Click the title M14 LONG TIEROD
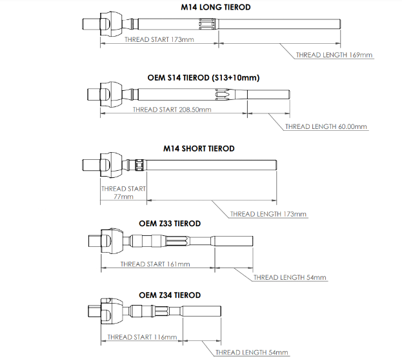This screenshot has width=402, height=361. (215, 7)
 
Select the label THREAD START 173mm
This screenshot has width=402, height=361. (159, 39)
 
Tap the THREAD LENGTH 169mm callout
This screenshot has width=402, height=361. (334, 55)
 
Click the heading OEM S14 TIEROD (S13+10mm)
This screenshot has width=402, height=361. (203, 78)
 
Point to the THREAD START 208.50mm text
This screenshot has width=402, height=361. (172, 110)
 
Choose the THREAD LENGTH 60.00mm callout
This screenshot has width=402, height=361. (326, 126)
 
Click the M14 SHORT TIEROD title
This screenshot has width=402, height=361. (199, 149)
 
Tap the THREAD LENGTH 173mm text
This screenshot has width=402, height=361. (268, 213)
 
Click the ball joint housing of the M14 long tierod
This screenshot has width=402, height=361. (114, 24)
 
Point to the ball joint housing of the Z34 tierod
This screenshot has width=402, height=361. (112, 312)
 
